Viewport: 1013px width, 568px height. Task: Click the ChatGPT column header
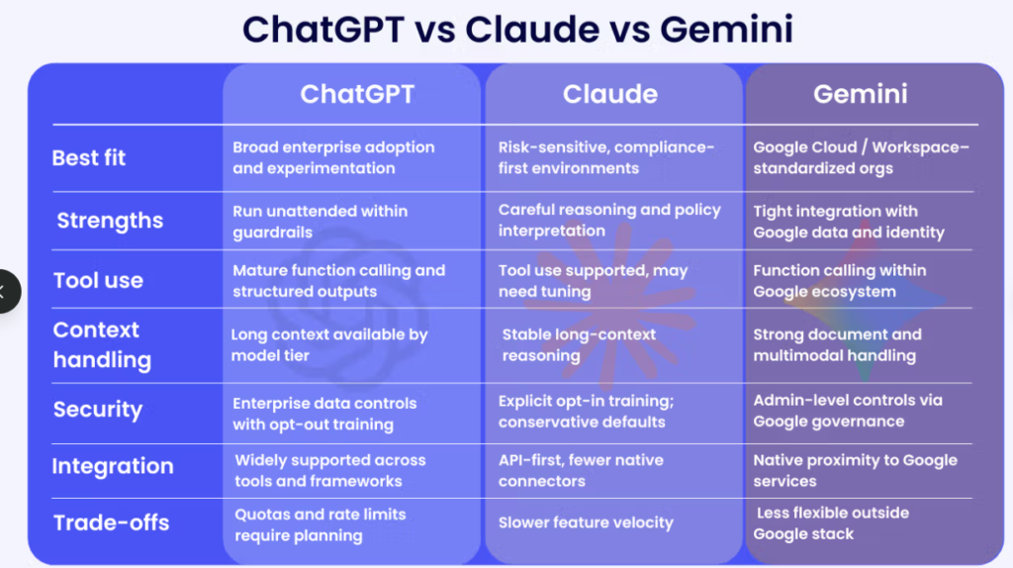357,94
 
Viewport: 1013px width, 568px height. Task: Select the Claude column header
609,94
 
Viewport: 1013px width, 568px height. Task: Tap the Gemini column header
860,94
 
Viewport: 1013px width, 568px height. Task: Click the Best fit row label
88,157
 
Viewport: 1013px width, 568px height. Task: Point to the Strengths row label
110,221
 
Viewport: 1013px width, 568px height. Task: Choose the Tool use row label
98,280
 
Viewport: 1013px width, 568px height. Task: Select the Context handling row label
102,344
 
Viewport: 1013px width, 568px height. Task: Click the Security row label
98,410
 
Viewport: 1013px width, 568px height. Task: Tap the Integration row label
113,466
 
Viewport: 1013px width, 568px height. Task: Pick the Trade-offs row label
111,522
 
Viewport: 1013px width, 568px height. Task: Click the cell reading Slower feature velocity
586,522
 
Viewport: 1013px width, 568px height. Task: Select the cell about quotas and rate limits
320,524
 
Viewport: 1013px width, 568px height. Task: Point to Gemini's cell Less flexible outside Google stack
831,523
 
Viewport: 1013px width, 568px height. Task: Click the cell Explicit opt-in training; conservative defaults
586,411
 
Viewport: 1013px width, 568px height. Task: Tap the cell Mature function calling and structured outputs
338,280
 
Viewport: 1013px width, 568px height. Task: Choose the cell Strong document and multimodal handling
837,344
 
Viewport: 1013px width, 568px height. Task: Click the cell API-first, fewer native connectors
581,470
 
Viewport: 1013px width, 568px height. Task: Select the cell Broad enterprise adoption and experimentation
333,157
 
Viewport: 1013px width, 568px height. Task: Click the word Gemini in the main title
726,30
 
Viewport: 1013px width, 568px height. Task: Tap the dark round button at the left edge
7,292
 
